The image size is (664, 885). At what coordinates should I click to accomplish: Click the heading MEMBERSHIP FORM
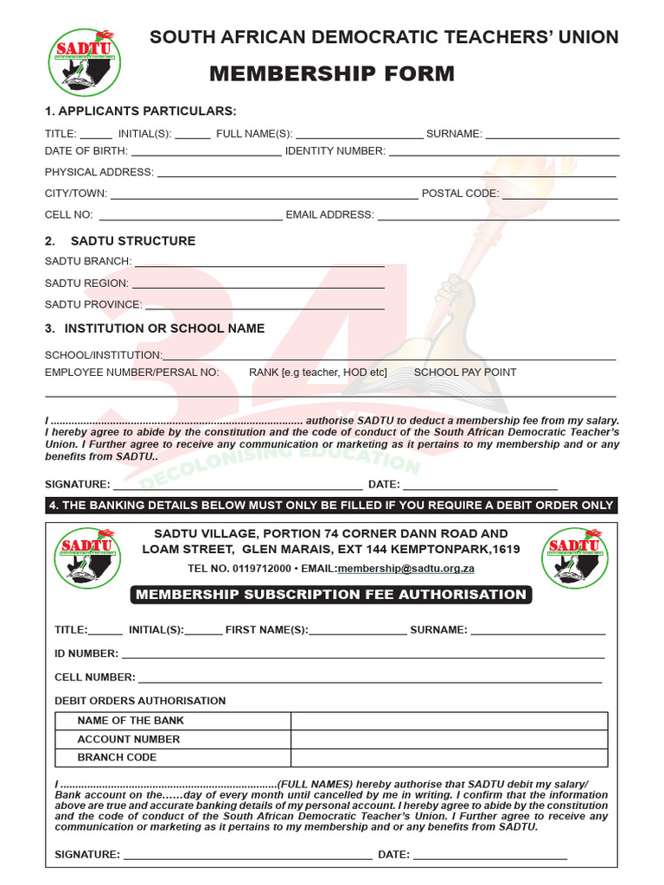332,74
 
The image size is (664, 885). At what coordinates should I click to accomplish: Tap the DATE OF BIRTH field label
86,151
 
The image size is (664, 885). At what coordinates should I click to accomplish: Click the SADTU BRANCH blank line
259,264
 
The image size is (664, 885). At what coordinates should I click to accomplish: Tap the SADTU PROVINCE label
93,304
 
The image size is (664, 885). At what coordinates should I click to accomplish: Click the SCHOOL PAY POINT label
465,372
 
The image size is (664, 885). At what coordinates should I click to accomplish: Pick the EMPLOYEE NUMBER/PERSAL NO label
132,372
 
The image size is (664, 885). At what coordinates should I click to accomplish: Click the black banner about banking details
332,506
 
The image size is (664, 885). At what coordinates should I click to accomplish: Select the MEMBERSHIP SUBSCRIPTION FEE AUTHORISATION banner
331,595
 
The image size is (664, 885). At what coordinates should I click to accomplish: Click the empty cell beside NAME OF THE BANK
449,721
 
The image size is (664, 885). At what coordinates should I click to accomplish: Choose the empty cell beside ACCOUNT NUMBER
449,740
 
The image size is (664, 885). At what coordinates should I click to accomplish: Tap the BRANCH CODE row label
117,758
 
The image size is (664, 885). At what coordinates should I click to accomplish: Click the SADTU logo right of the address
575,557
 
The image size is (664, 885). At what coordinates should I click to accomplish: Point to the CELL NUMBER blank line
370,680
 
